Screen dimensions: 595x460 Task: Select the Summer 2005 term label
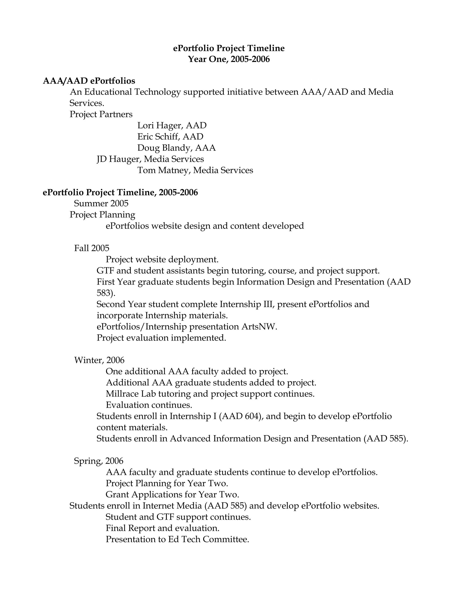101,203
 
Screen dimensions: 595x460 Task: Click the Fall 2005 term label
92,248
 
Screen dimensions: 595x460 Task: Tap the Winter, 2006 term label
99,360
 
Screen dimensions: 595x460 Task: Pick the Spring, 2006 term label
99,461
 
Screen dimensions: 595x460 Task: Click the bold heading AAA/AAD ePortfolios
89,81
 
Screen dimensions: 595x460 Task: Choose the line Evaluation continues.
149,405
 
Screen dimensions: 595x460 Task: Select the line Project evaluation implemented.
161,338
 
